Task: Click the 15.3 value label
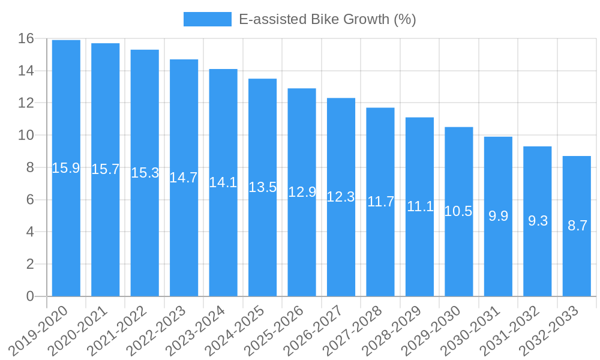point(145,173)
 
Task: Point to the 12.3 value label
point(341,197)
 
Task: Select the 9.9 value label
point(498,216)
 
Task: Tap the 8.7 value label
point(577,226)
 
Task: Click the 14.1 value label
point(223,182)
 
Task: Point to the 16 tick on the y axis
point(26,39)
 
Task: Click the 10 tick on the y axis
point(26,136)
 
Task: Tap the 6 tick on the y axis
point(30,200)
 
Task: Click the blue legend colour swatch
point(207,19)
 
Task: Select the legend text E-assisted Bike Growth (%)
point(327,19)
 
